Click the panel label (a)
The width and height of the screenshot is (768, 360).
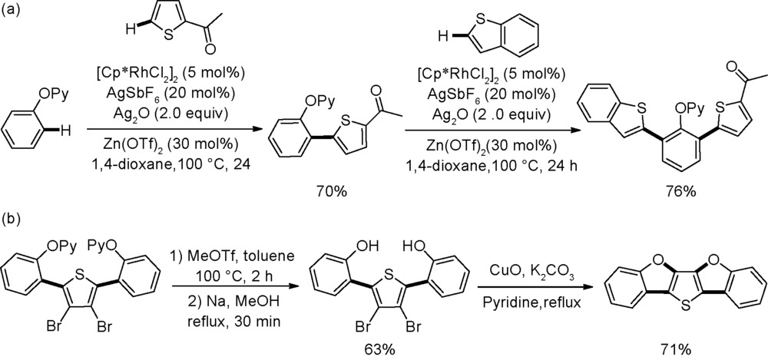pos(11,12)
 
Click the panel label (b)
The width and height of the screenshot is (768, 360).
pos(11,218)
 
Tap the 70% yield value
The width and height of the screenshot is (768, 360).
pos(331,191)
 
